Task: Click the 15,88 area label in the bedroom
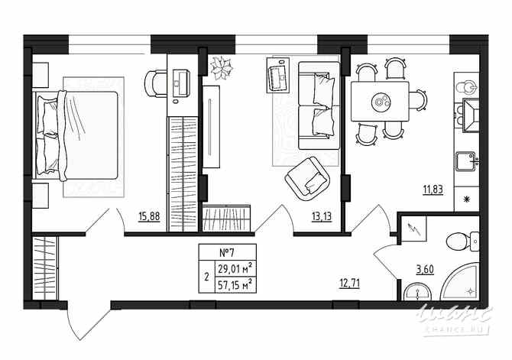click(149, 216)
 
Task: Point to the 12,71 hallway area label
click(349, 284)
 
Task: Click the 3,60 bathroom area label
click(426, 268)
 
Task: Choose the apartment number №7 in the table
click(225, 253)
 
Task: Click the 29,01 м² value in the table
click(235, 268)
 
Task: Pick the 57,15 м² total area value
click(235, 284)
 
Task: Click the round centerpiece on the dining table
click(381, 99)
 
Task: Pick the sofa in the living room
click(316, 105)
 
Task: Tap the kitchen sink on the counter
click(465, 161)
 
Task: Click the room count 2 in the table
click(206, 277)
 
